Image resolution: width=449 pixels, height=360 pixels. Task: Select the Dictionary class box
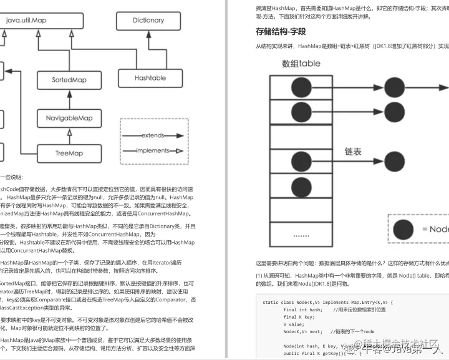coord(148,20)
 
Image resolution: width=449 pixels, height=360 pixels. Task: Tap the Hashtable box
coord(150,78)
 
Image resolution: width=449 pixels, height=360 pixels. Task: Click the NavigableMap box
coord(69,118)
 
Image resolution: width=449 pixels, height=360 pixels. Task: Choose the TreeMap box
coord(69,153)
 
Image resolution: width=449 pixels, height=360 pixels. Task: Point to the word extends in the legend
coord(153,135)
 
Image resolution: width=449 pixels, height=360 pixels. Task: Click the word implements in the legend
coord(153,150)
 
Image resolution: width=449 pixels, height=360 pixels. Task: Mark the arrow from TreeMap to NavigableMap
coord(69,135)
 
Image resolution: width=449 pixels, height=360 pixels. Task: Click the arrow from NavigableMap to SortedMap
coord(69,100)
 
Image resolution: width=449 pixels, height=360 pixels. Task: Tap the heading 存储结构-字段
coord(281,31)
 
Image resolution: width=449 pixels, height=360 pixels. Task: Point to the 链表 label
coord(353,151)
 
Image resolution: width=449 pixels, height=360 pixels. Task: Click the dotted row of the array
coord(301,236)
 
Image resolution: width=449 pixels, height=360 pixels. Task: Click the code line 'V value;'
coord(293,324)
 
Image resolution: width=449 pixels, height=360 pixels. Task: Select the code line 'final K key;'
coord(297,317)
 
